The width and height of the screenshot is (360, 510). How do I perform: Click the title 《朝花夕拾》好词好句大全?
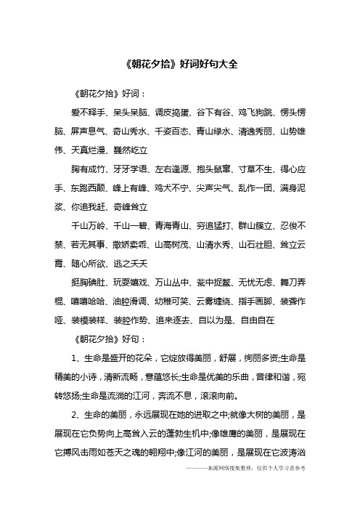coord(179,64)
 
